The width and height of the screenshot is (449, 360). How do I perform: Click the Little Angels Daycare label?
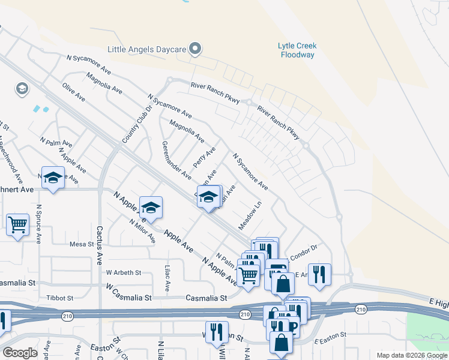145,49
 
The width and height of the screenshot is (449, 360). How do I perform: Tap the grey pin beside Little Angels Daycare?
194,49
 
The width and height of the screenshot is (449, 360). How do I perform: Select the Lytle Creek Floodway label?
297,50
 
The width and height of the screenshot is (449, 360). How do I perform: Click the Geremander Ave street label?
176,160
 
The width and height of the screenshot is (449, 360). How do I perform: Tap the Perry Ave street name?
204,157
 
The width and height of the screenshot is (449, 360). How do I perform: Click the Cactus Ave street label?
100,247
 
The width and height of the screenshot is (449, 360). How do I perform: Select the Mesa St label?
82,244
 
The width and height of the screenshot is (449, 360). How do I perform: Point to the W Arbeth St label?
124,272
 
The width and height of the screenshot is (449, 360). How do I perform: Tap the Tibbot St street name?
59,298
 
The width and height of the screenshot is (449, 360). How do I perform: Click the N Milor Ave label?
142,230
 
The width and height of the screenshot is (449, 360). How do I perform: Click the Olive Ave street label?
74,92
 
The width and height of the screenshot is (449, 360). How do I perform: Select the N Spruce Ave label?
38,224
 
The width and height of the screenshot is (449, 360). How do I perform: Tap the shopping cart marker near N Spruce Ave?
18,225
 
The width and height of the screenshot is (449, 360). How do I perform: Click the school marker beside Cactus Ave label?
151,207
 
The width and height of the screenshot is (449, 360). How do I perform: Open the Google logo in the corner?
20,353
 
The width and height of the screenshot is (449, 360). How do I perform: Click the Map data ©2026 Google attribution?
411,355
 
